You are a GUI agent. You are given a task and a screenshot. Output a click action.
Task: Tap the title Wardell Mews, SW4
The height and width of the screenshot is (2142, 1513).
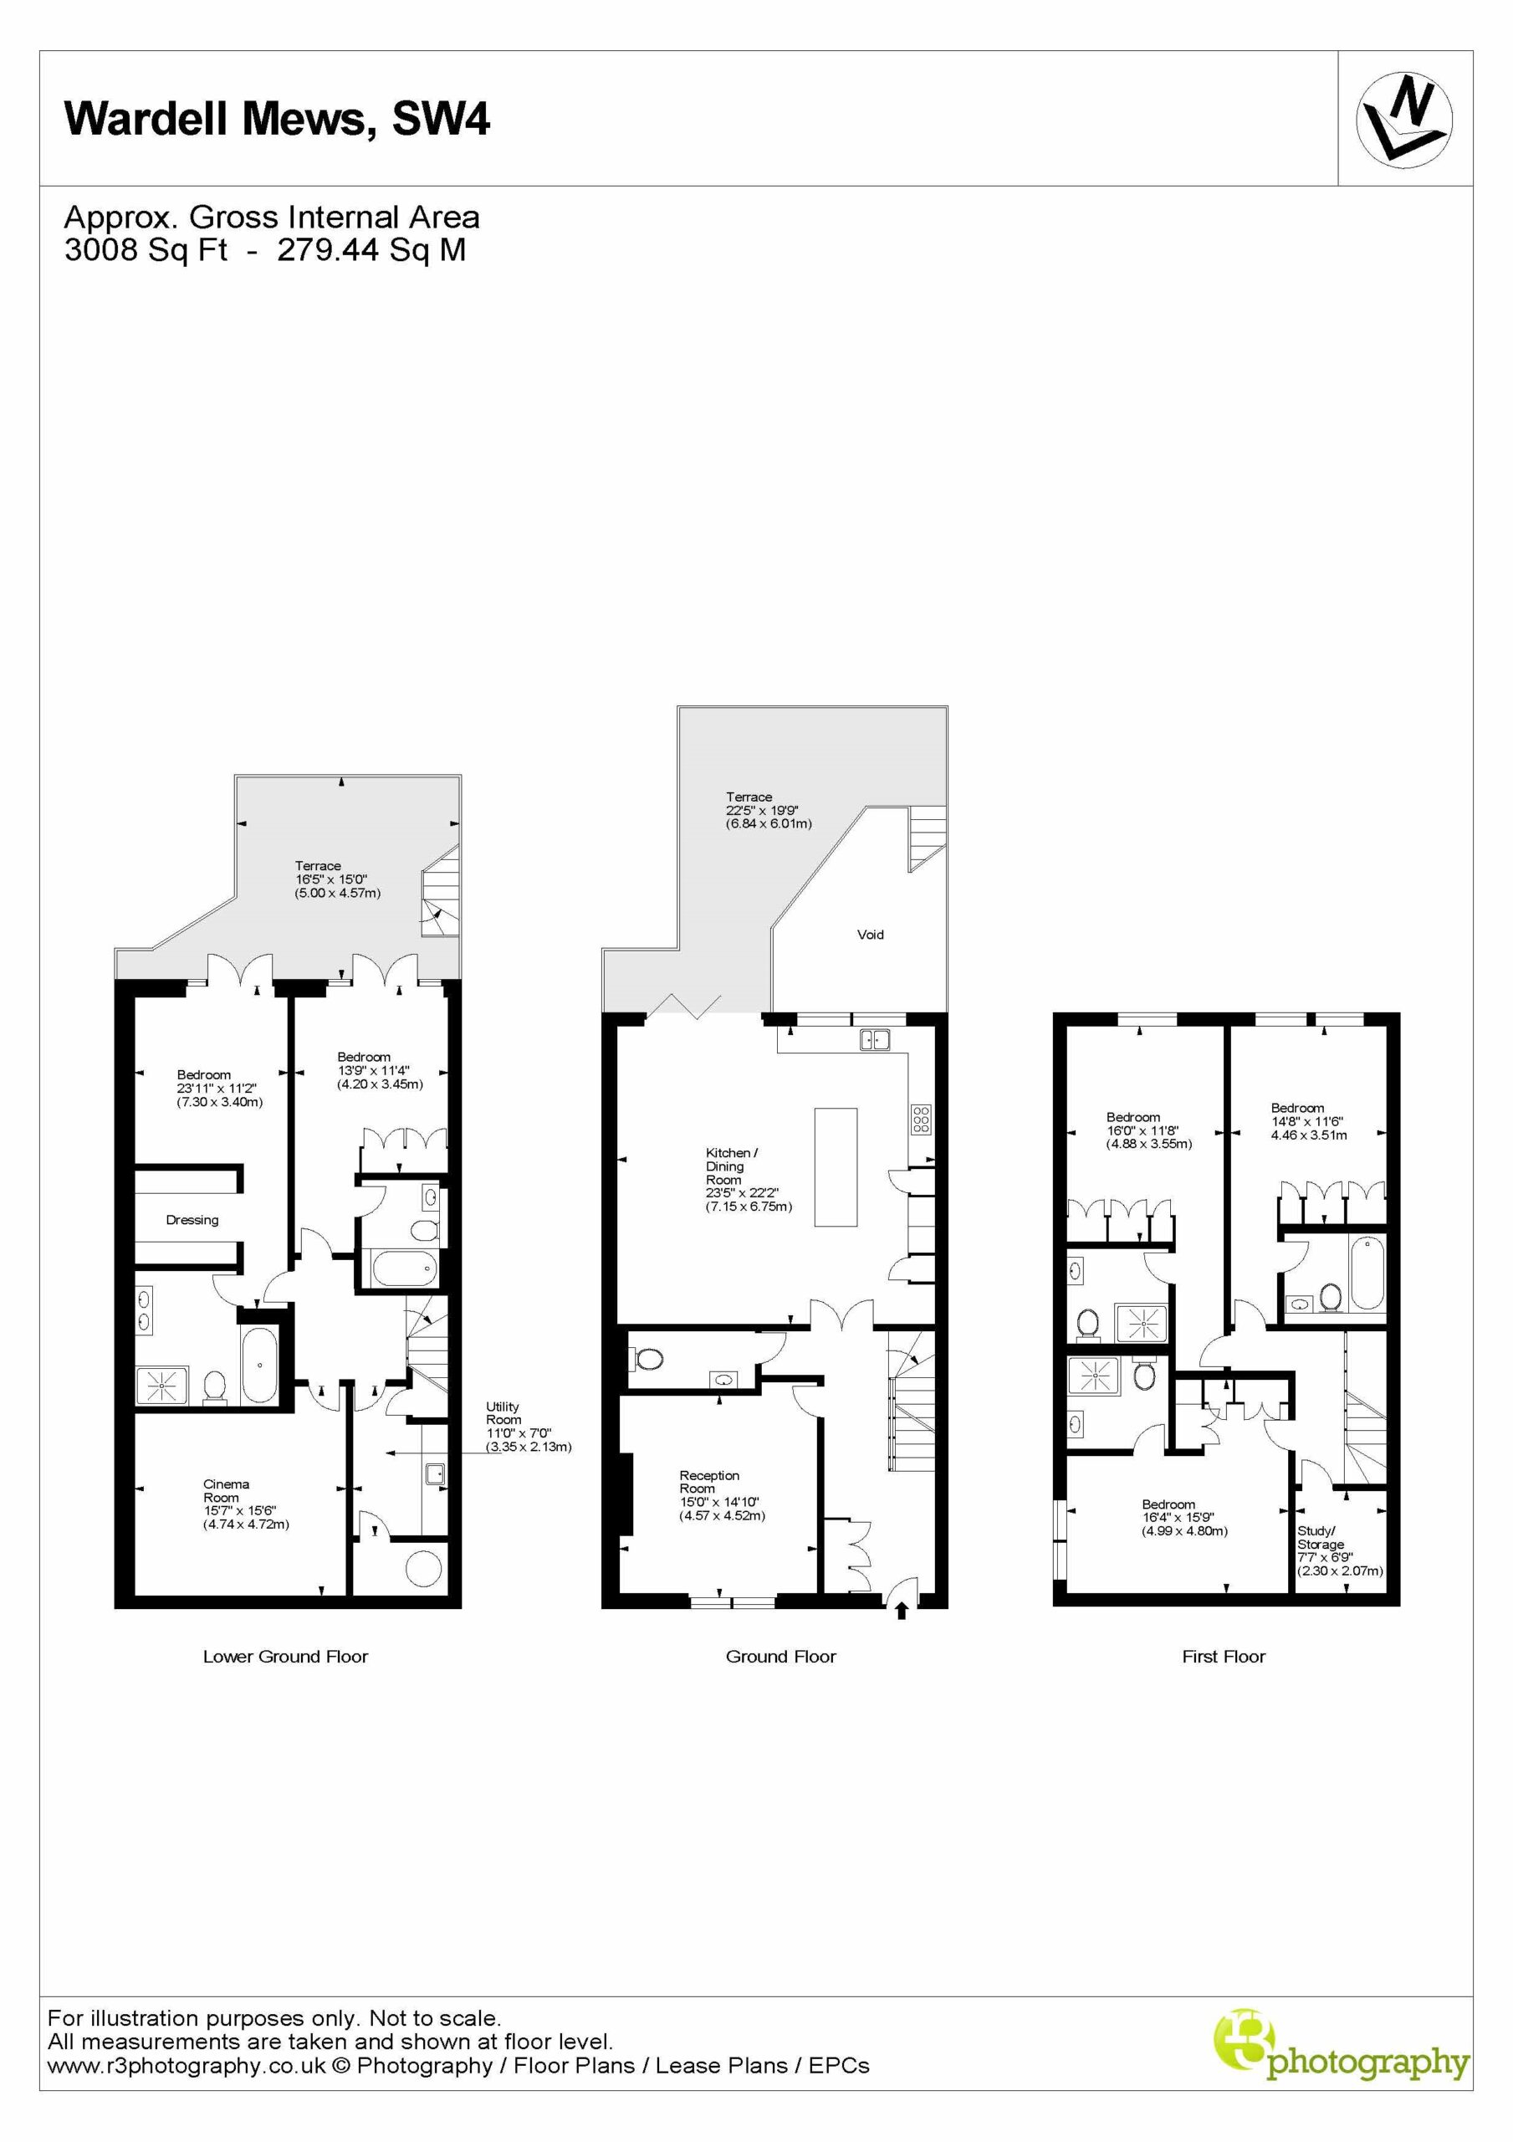pos(276,120)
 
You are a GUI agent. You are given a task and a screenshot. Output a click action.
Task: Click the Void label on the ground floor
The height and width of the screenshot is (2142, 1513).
pos(871,934)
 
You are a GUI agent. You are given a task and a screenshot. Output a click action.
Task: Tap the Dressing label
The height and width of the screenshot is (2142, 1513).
pos(192,1219)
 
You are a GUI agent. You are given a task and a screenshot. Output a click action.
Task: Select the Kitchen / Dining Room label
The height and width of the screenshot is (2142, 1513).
pos(731,1166)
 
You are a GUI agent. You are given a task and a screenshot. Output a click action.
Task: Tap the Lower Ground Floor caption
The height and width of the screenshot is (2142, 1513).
pos(285,1657)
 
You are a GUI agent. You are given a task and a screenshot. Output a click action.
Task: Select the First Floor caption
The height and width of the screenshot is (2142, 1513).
pos(1224,1657)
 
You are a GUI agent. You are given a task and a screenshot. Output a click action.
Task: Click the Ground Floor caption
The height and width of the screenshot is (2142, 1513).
pos(780,1657)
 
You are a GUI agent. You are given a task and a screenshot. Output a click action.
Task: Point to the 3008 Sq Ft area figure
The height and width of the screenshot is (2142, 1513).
pos(146,250)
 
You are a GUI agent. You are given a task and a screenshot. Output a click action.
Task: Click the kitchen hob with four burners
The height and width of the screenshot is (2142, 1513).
pos(921,1119)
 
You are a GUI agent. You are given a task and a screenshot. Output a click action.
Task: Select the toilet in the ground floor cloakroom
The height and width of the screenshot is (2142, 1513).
pos(647,1360)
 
